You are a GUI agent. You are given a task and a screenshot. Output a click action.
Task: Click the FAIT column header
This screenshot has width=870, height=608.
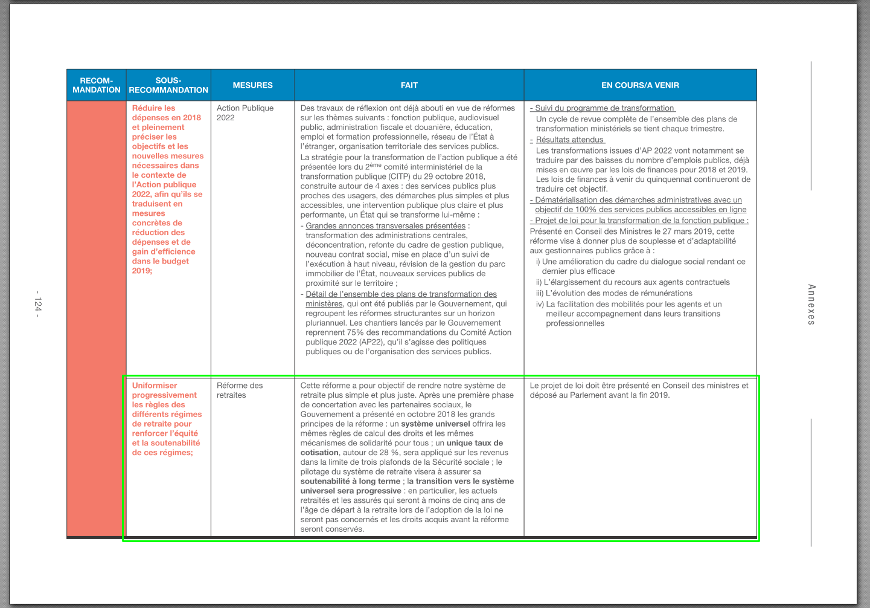409,85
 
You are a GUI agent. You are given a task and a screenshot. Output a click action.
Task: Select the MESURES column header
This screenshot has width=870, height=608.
252,85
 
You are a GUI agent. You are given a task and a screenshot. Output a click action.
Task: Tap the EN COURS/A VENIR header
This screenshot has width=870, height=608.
640,85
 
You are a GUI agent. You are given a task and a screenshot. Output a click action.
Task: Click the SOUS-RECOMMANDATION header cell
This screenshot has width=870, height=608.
168,85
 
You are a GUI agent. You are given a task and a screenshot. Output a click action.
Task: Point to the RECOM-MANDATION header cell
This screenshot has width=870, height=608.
97,85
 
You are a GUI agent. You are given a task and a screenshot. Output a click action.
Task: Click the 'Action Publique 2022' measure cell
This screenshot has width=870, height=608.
245,112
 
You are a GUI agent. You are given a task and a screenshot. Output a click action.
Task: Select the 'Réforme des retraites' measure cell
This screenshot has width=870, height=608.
240,390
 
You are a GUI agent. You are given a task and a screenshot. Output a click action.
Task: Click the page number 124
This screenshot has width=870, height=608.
38,304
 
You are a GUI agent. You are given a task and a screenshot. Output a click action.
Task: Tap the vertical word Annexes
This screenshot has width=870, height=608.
811,305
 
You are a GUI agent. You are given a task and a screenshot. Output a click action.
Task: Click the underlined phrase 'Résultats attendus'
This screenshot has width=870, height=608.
569,140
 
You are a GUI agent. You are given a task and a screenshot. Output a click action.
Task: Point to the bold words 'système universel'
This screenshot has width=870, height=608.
435,424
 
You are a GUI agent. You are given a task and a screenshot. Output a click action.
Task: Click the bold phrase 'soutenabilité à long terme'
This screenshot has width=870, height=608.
350,481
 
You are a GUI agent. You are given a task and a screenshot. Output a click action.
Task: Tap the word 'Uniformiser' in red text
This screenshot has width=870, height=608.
155,386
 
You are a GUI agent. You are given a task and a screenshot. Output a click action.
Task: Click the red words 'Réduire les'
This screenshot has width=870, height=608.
153,108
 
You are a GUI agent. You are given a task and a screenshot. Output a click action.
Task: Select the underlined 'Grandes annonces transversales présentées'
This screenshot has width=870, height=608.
385,225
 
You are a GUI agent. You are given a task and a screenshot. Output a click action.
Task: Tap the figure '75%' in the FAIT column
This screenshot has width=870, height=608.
355,332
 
